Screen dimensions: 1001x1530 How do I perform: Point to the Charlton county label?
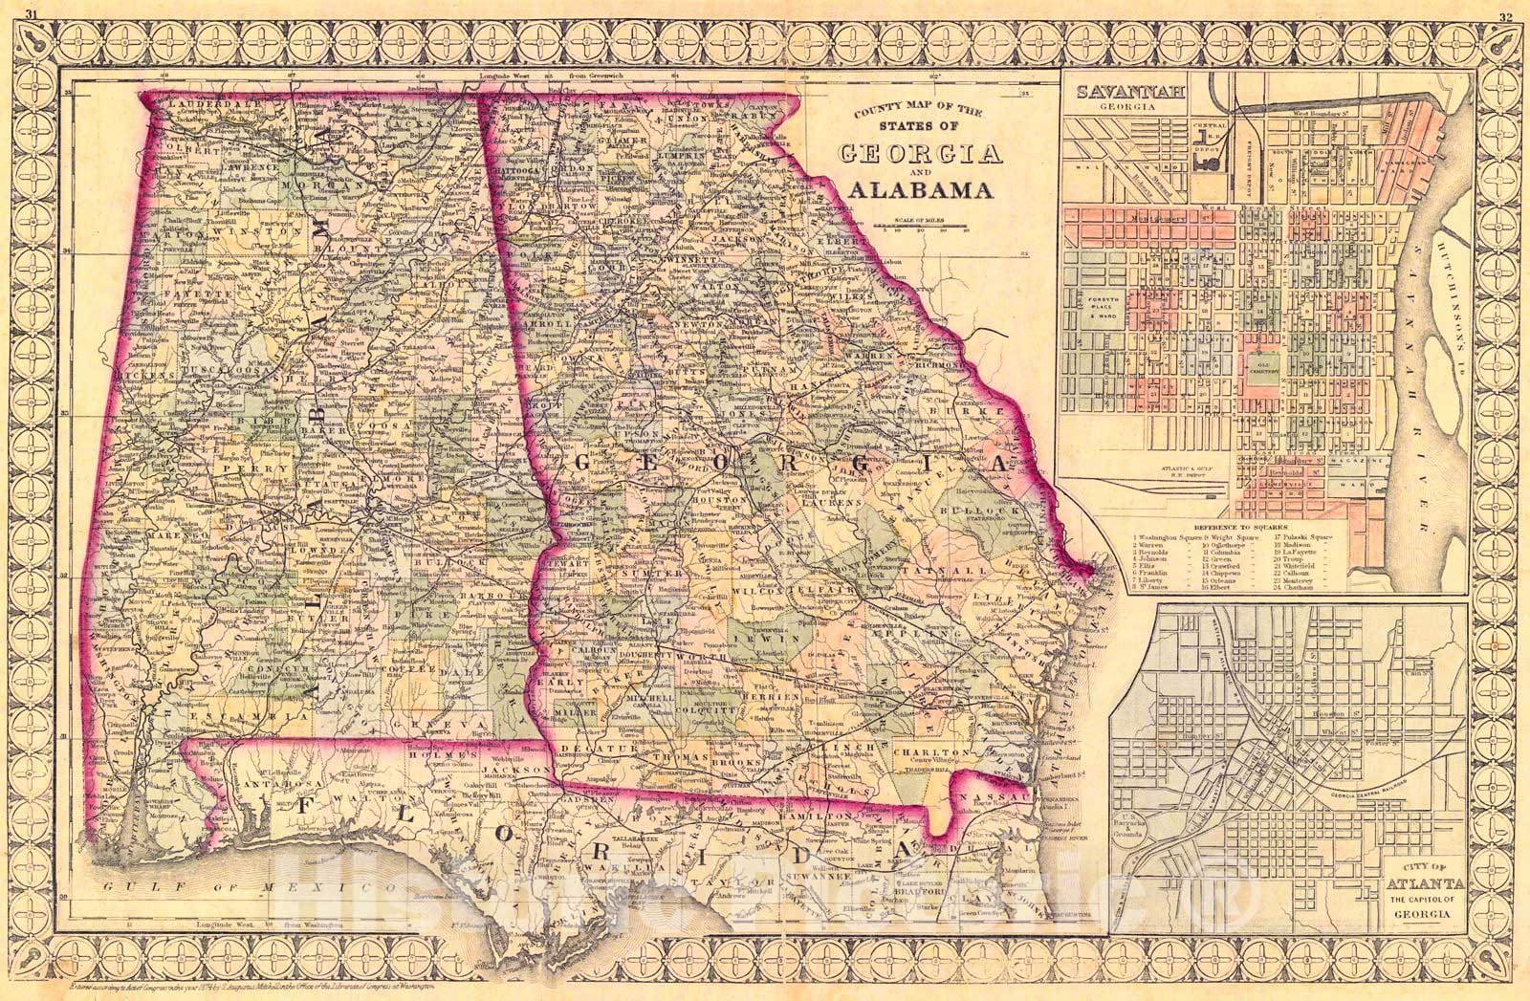[932, 751]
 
